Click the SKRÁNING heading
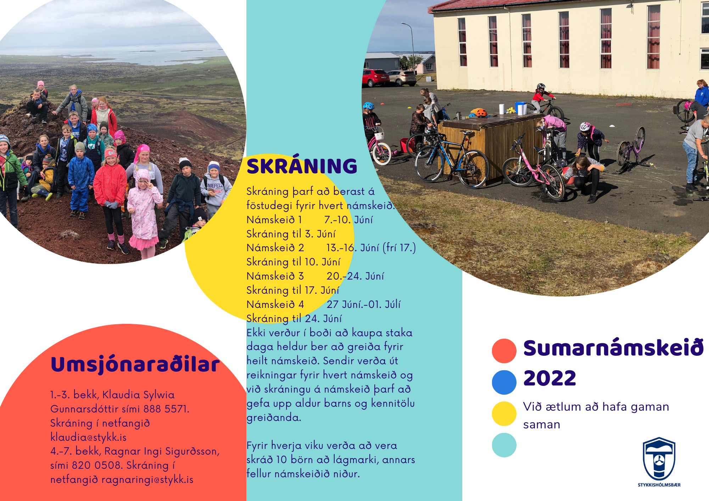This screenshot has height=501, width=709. click(x=302, y=166)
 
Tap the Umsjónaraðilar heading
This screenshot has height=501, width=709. click(x=135, y=364)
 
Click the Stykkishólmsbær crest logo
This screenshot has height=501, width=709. click(x=659, y=459)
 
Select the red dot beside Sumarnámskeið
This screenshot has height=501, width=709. click(x=504, y=351)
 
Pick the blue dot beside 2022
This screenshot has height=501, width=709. click(x=504, y=382)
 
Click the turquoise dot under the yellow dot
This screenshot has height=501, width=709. click(x=504, y=445)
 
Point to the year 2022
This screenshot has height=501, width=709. click(x=549, y=378)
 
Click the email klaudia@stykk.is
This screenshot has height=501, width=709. click(x=88, y=437)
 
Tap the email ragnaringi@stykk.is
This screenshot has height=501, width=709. click(x=147, y=480)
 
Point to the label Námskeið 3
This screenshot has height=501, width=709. click(x=275, y=276)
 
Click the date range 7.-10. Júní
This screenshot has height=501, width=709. click(x=348, y=220)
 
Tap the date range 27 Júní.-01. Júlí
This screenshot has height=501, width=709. click(x=364, y=304)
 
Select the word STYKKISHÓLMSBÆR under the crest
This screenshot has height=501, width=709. click(x=659, y=485)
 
